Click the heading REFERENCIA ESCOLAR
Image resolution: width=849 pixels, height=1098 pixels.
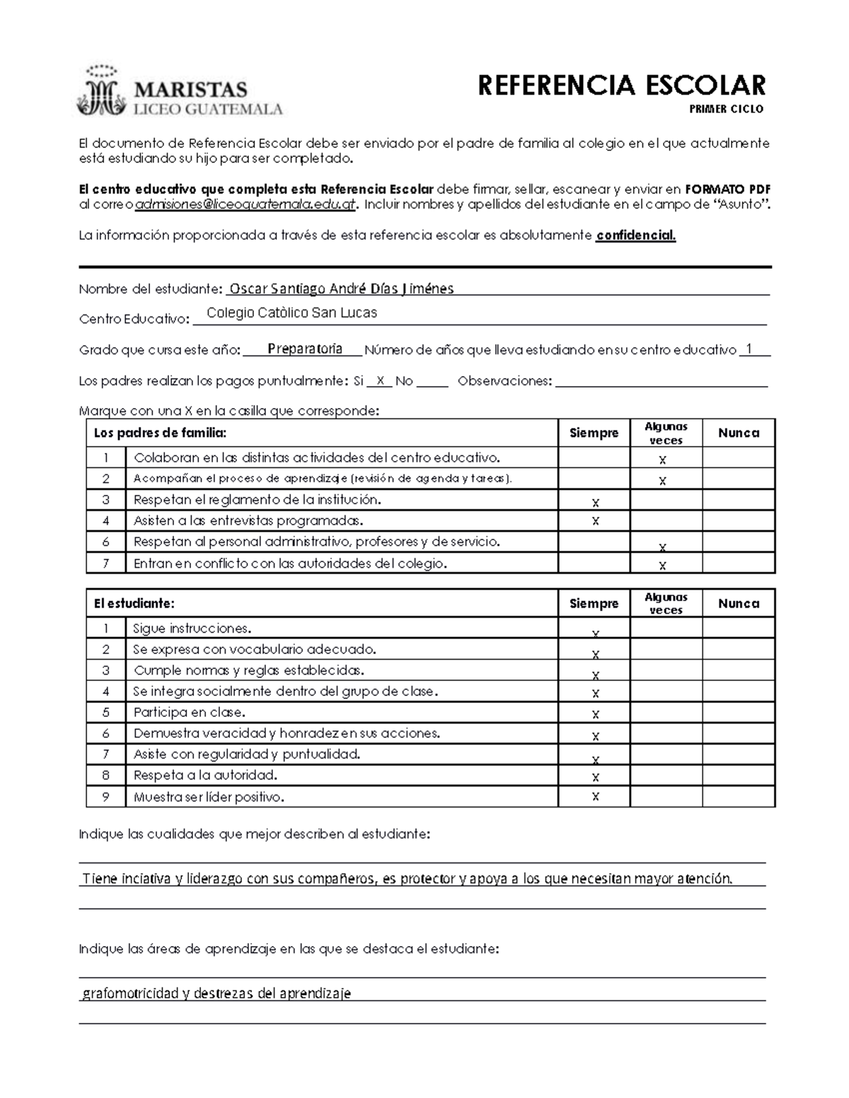(621, 86)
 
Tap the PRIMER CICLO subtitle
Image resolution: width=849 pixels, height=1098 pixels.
(726, 110)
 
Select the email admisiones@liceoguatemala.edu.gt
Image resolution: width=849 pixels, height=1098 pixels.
(245, 204)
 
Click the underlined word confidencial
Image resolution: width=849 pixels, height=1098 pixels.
(635, 235)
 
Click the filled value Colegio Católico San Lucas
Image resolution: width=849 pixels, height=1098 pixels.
(291, 313)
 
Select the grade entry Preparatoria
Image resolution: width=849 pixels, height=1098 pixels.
(305, 349)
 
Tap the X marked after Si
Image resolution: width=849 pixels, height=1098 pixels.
(380, 380)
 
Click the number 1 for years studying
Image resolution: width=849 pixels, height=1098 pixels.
(749, 349)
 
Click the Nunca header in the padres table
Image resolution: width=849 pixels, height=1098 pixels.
(738, 433)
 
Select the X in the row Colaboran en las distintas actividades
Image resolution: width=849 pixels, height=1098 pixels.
(663, 460)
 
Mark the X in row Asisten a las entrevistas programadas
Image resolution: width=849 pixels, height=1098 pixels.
(595, 521)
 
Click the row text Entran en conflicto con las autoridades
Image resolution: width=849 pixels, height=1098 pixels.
(290, 563)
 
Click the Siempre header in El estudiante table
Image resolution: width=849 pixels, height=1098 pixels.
(594, 603)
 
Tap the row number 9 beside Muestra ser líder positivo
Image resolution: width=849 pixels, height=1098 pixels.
(106, 797)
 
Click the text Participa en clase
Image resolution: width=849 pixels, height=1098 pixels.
(190, 712)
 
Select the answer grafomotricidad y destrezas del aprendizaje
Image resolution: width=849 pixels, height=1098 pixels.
(216, 993)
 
